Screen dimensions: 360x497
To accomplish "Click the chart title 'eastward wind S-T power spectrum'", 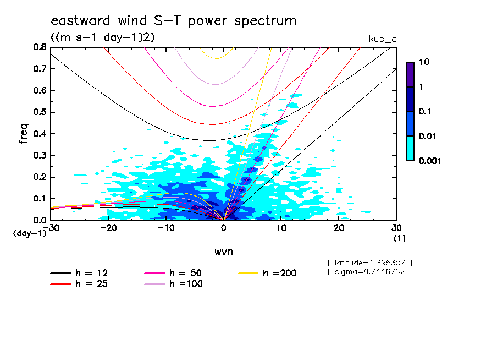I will coord(174,21).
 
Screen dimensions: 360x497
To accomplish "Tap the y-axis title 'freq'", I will coord(24,134).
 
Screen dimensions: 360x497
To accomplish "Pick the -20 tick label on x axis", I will coord(108,227).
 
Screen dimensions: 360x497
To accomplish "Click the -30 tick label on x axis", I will coord(51,227).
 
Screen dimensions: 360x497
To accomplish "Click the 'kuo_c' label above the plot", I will coord(382,39).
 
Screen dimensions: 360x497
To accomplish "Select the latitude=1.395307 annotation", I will coord(369,263).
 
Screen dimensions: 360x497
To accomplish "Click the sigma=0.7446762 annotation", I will coord(369,271).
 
